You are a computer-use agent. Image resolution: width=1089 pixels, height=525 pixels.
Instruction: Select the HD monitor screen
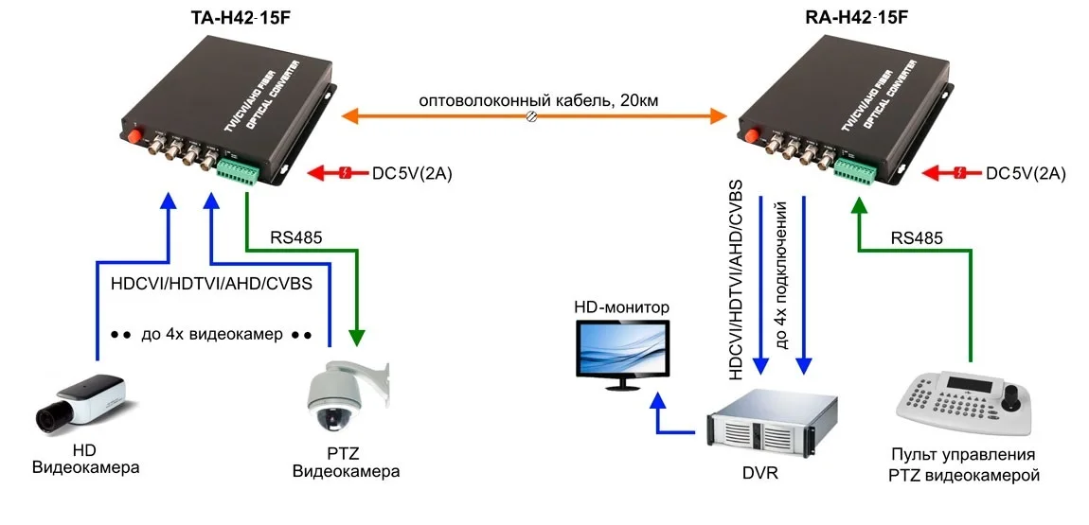tap(623, 349)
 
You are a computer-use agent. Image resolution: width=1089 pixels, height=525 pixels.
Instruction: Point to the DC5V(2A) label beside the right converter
tap(1026, 173)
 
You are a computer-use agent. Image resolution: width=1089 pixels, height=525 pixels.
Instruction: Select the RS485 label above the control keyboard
tap(917, 238)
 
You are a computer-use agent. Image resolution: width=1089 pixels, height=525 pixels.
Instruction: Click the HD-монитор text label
tap(621, 307)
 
